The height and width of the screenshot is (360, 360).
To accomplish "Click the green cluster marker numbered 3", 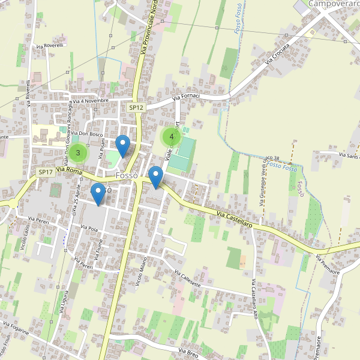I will [x=77, y=153].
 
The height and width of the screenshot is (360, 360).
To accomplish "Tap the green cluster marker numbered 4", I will [x=172, y=136].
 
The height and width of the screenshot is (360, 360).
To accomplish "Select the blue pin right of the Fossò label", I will [x=156, y=177].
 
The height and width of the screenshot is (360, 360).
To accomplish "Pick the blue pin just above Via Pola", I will [x=98, y=194].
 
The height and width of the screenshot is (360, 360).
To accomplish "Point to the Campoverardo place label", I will [x=334, y=4].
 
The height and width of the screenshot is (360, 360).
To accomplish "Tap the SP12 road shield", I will [x=136, y=107].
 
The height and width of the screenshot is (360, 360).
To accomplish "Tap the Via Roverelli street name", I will [x=50, y=46].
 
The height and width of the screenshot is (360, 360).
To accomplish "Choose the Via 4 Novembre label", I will [x=91, y=101].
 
